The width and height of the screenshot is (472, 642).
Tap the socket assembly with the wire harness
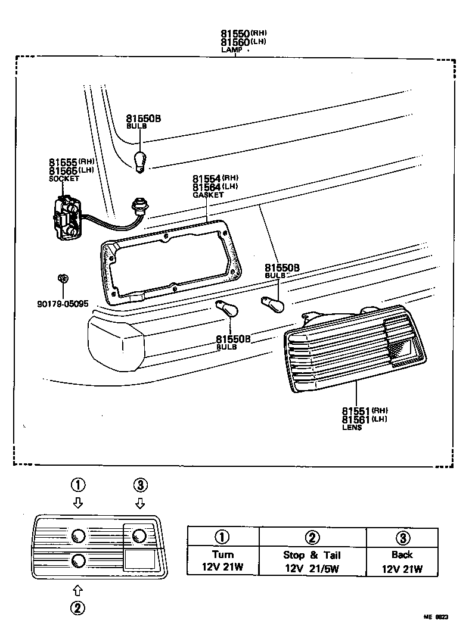(67, 218)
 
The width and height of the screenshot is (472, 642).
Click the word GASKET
(208, 195)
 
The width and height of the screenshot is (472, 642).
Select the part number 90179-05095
(62, 304)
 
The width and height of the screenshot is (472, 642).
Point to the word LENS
(352, 428)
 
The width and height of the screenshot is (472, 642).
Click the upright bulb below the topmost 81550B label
(140, 161)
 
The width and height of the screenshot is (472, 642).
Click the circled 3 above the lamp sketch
(140, 485)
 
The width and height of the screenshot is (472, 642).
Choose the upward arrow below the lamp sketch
(77, 590)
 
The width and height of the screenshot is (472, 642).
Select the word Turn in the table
(223, 554)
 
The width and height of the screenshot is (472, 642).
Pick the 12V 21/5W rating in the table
(312, 568)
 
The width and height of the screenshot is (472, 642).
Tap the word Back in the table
(402, 554)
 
